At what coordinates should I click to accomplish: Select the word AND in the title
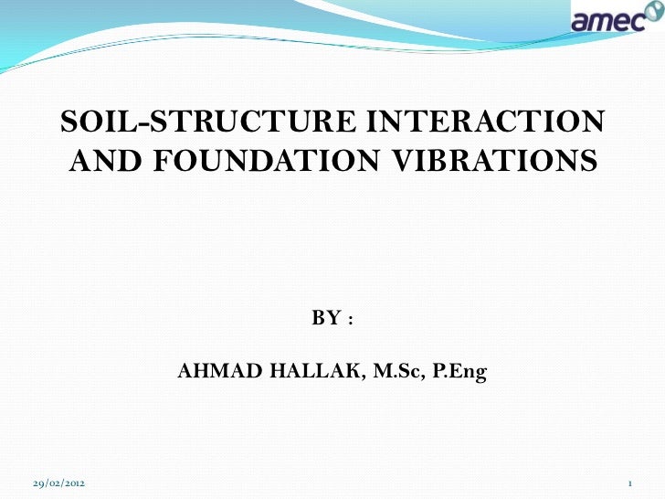[x=102, y=162]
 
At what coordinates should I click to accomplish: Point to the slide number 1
[x=630, y=482]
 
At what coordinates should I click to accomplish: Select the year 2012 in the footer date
[x=78, y=482]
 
